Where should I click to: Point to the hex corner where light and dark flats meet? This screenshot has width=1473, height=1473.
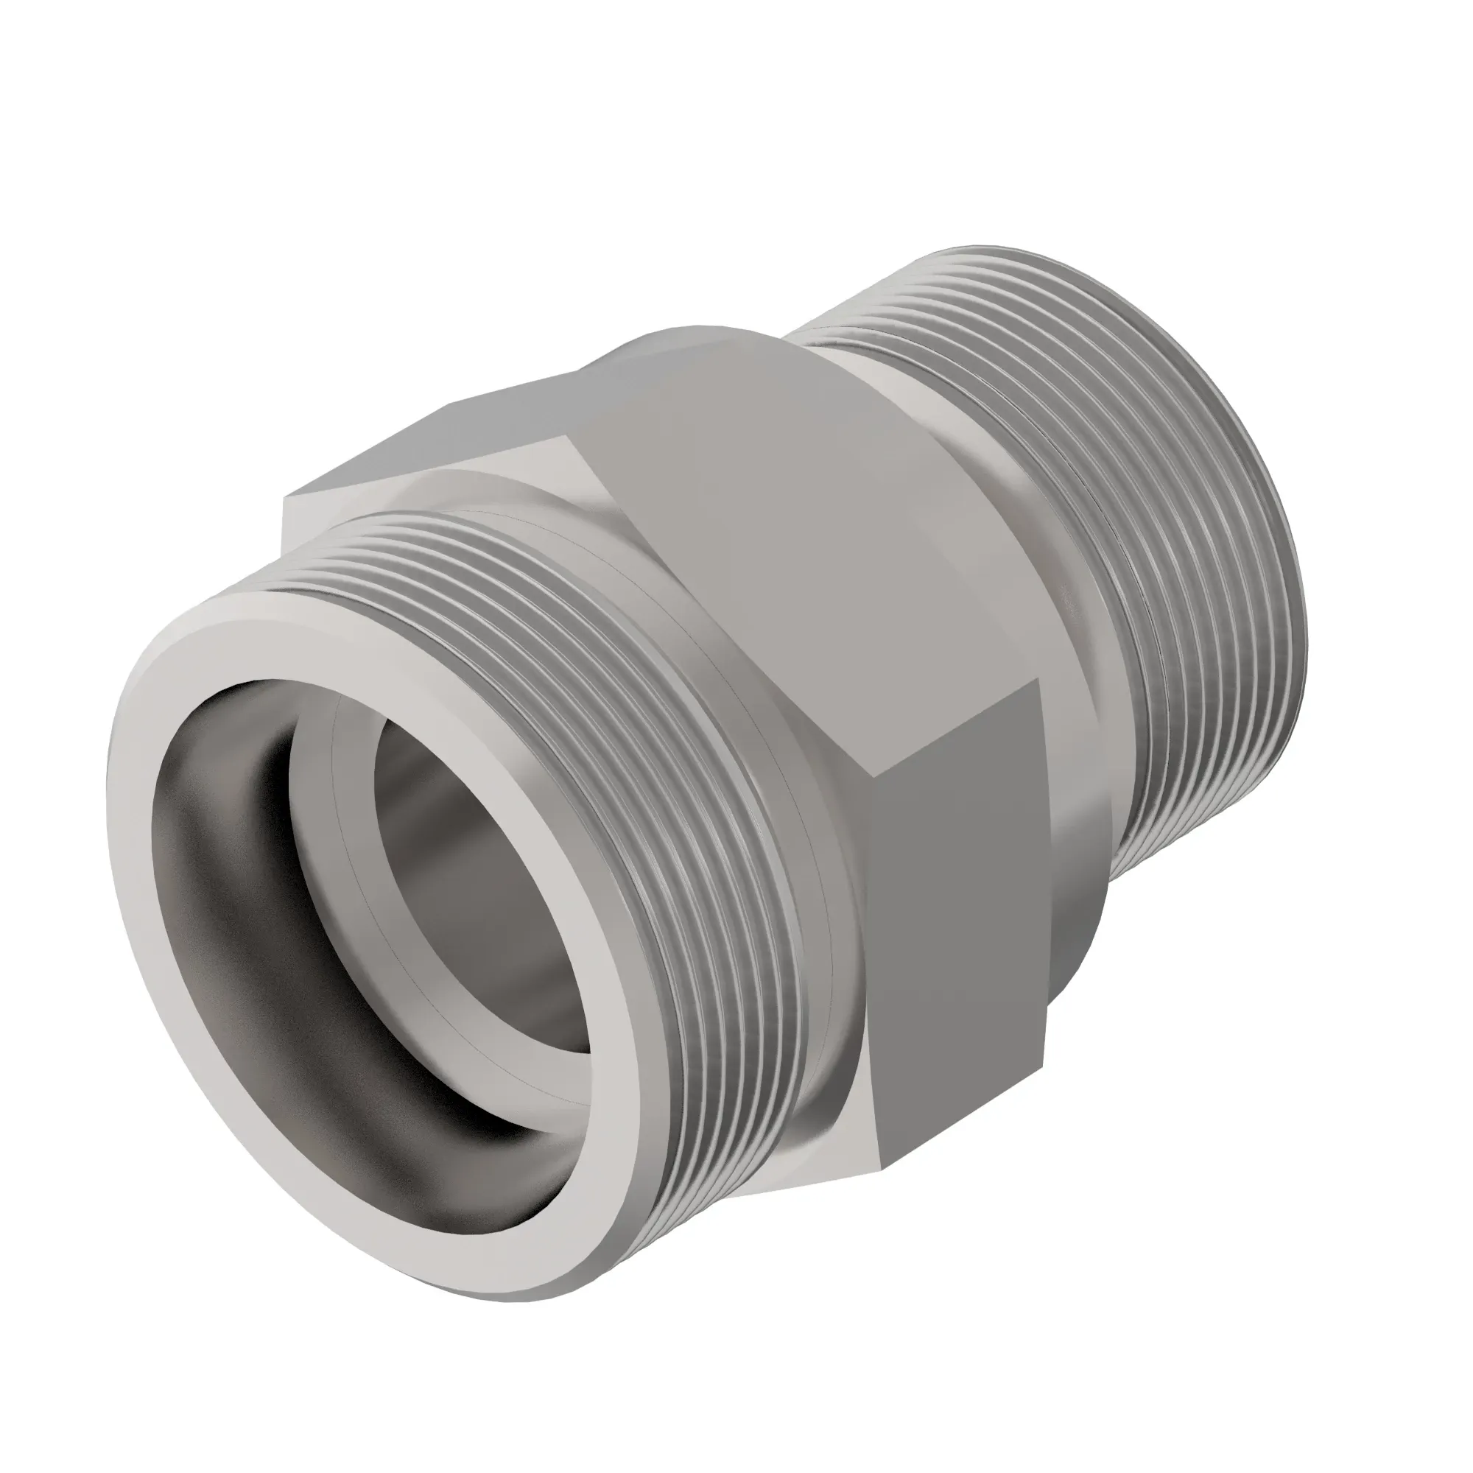coord(876,778)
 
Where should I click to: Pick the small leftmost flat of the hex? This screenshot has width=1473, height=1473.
coord(305,518)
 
